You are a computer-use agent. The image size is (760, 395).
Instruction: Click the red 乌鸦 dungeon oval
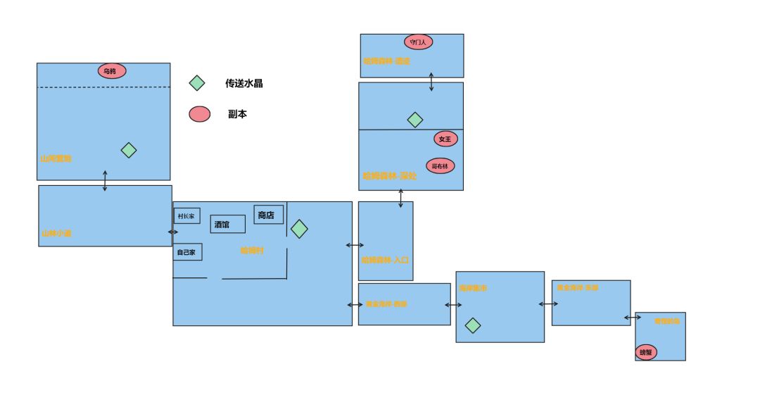coord(112,71)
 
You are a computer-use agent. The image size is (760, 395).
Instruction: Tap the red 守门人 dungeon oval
coord(418,42)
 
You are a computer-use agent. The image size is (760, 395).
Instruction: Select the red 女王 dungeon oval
coord(445,139)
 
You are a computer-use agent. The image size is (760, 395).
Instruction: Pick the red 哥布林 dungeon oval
coord(441,166)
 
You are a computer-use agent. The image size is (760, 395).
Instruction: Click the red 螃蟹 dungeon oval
coord(645,351)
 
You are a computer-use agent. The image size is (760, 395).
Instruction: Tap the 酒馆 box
coord(227,224)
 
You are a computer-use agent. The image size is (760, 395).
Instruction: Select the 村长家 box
coord(186,215)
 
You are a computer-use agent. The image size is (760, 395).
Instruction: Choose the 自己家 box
coord(187,251)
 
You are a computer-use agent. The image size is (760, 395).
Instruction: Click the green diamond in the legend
coord(197,83)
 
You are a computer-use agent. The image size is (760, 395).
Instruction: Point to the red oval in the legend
coord(200,114)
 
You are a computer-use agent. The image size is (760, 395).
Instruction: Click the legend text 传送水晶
coord(244,83)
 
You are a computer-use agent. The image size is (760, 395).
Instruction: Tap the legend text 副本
coord(237,114)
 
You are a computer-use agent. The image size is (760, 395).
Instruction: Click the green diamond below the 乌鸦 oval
coord(128,150)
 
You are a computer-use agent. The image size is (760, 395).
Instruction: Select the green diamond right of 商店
coord(299,229)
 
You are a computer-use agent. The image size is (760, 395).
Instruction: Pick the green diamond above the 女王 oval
coord(415,120)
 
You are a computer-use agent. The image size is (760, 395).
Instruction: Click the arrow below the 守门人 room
coord(431,81)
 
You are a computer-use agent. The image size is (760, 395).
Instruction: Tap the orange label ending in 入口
coord(385,260)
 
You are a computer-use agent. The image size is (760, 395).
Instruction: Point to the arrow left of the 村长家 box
coord(173,232)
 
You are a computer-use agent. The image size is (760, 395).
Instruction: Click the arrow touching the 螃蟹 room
coord(633,318)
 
